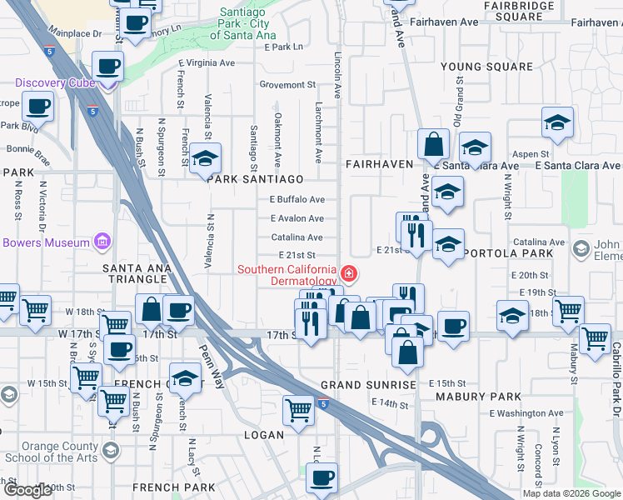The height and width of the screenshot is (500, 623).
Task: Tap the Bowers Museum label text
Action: pos(45,242)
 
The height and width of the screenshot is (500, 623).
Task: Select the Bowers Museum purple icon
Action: pos(102,242)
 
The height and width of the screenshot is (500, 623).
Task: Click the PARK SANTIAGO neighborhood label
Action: pos(256,179)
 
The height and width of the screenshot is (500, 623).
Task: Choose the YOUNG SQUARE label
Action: pos(486,67)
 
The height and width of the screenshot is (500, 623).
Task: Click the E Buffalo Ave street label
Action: pos(297,200)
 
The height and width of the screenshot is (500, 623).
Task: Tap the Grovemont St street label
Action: pos(287,84)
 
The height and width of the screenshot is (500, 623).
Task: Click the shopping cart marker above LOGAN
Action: pos(298,408)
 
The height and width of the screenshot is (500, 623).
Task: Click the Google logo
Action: pos(28,490)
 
